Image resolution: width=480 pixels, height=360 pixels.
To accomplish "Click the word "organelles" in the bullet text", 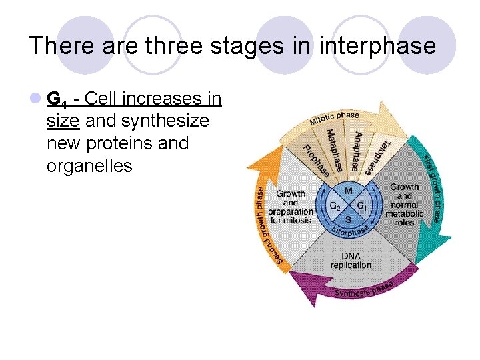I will pyautogui.click(x=89, y=165).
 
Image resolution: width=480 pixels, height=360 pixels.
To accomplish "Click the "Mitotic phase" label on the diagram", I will pyautogui.click(x=333, y=119).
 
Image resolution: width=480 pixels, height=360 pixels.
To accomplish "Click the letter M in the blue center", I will pyautogui.click(x=348, y=191).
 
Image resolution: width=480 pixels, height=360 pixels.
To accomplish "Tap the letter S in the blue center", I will pyautogui.click(x=348, y=219).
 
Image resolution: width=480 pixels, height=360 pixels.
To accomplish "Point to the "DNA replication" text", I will pyautogui.click(x=351, y=261).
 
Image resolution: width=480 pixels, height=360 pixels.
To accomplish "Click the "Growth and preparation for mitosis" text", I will pyautogui.click(x=291, y=207).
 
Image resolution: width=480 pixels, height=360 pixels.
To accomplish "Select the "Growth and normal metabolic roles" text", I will pyautogui.click(x=405, y=205).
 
